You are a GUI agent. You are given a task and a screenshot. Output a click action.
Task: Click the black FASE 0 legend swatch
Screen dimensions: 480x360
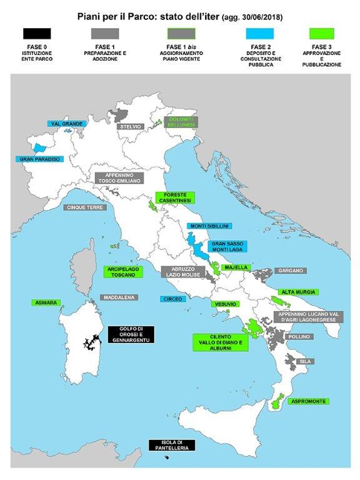(36, 33)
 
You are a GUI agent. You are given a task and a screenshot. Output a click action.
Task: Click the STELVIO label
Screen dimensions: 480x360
(131, 126)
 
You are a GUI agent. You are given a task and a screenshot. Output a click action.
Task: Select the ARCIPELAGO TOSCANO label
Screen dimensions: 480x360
(122, 272)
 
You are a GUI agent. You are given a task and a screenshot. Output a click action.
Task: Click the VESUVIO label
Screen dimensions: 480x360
(225, 304)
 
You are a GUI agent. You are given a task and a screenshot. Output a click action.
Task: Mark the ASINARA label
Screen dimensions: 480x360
(46, 302)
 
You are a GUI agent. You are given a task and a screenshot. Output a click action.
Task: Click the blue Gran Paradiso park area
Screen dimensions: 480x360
(41, 148)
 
